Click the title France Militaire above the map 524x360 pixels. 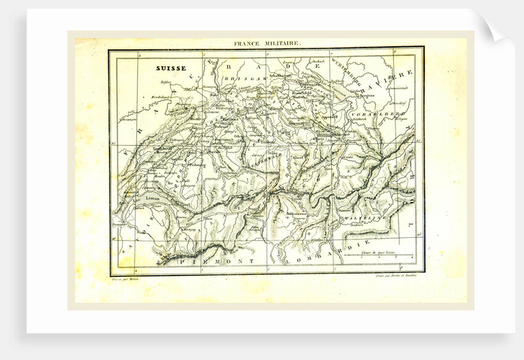(267, 44)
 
